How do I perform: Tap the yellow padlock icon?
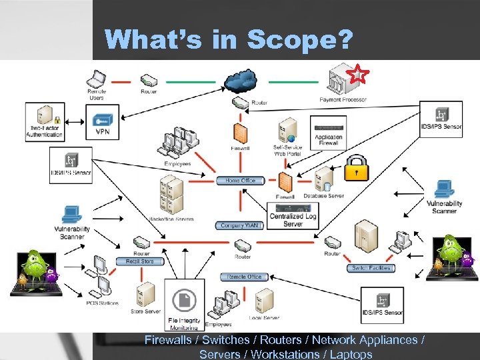[x=356, y=169]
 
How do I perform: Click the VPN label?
[x=103, y=132]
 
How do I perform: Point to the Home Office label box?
[x=240, y=181]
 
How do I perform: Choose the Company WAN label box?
[x=240, y=226]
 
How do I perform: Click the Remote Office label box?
[x=244, y=277]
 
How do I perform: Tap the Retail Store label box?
[x=140, y=261]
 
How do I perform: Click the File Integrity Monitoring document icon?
[x=184, y=301]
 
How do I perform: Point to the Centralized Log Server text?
[x=293, y=220]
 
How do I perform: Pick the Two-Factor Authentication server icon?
[x=44, y=115]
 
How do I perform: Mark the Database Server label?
[x=324, y=196]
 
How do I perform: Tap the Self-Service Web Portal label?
[x=287, y=150]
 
